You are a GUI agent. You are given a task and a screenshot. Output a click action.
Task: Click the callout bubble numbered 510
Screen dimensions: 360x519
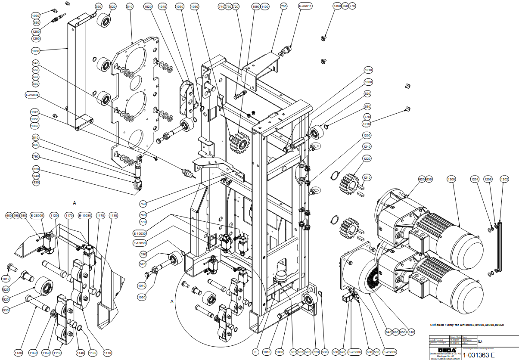130,7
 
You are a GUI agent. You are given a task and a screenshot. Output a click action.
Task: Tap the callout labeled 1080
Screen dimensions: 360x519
36,51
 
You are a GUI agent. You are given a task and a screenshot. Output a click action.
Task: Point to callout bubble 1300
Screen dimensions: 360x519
337,6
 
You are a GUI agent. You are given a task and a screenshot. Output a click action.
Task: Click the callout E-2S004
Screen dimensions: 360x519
32,94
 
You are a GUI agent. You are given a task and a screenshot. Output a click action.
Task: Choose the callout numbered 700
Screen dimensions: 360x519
283,7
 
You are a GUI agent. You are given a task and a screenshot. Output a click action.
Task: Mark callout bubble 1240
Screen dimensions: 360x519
367,147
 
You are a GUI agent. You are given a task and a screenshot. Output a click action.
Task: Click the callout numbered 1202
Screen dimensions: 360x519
504,179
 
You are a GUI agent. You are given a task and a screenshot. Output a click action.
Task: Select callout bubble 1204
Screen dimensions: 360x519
475,179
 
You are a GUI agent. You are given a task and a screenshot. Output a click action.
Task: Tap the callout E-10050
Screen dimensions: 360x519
140,243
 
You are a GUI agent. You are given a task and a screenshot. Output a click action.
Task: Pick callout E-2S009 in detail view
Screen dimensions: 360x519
37,215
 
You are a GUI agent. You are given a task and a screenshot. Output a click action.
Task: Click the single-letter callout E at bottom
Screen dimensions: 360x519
255,352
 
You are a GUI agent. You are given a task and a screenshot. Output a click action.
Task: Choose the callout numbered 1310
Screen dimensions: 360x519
367,124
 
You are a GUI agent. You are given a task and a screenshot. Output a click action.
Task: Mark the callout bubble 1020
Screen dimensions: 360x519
148,7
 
